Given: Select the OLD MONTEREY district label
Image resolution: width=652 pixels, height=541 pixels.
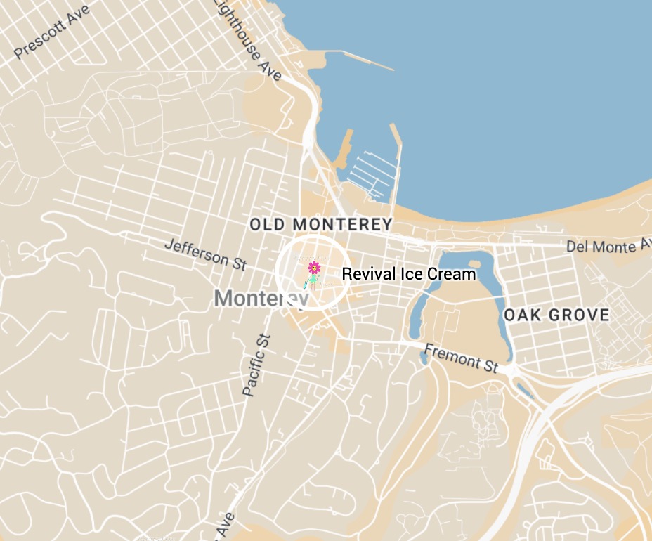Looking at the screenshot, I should coord(321,225).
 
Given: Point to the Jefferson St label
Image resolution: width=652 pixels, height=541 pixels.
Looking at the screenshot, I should coord(205,254).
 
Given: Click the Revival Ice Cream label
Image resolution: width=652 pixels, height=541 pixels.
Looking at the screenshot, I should coord(408,274).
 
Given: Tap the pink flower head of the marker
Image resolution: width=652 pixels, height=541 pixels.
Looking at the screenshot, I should coord(314,267).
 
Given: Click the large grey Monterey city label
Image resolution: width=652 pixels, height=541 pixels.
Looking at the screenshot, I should coord(260,299).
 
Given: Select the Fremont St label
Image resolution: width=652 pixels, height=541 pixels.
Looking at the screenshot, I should coord(462,358).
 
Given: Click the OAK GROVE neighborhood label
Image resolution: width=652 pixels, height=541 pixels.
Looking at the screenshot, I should coord(556,315).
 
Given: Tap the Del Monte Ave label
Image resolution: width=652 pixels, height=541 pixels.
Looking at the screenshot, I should coord(608,246).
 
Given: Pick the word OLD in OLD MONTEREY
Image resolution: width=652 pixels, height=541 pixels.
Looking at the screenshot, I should coord(268,225).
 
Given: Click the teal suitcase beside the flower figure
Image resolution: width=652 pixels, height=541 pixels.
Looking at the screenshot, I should coord(305,285).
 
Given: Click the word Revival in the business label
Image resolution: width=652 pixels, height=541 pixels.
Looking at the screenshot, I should coord(364,274).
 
